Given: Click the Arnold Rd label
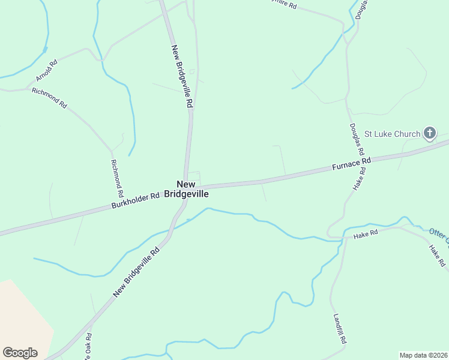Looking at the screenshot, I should (46, 70).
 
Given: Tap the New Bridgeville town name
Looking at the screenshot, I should (192, 189).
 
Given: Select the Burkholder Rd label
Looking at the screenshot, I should (136, 200).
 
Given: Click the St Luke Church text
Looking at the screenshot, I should (393, 134).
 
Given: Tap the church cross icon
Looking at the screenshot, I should (430, 133).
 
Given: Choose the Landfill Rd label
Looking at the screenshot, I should (340, 328).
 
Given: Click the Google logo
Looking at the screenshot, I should (20, 353).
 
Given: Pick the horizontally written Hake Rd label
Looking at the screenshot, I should (366, 233).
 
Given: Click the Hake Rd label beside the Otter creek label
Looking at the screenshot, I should (437, 254).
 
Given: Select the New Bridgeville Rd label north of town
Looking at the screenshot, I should (182, 76).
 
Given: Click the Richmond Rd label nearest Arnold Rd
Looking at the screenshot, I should (49, 98).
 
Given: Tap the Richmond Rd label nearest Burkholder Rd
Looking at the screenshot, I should (117, 179).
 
